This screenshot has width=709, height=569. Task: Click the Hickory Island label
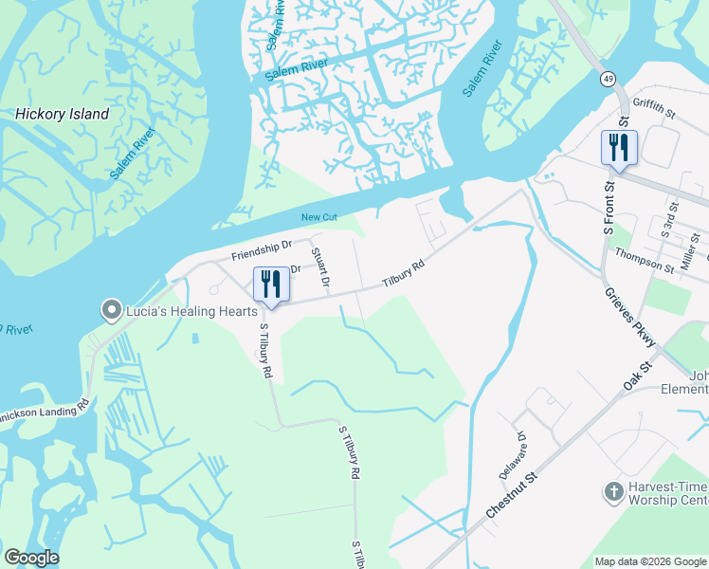pos(62,115)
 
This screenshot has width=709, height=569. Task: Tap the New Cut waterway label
pos(319,218)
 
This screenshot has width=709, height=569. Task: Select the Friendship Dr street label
pos(261,251)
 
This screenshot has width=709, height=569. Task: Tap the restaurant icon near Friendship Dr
pos(271,284)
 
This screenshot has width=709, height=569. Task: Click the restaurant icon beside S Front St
pos(619,148)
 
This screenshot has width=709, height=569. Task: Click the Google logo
pos(31,558)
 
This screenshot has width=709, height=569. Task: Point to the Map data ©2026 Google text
pos(650,561)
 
